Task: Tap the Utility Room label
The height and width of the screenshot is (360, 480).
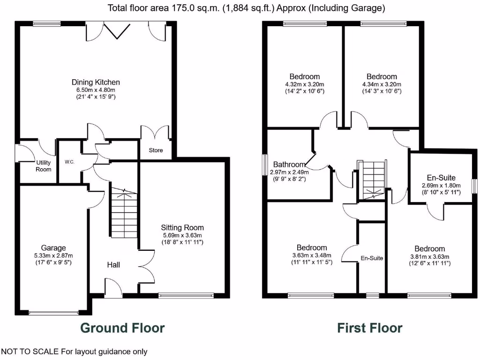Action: [x=44, y=166]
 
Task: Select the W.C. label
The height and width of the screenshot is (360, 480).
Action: [x=70, y=162]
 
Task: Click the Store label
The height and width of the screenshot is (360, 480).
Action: [x=156, y=150]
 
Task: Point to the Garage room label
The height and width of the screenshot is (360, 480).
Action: [x=53, y=248]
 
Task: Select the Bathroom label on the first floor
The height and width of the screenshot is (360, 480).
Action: [x=289, y=165]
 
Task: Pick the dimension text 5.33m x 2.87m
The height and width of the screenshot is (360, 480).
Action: [x=53, y=255]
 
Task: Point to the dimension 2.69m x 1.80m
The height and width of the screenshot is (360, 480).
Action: [x=441, y=185]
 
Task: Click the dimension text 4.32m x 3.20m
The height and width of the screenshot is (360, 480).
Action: [x=304, y=84]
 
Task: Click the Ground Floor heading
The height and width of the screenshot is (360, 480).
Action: [x=122, y=328]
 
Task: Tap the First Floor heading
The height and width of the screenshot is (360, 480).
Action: [x=369, y=328]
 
